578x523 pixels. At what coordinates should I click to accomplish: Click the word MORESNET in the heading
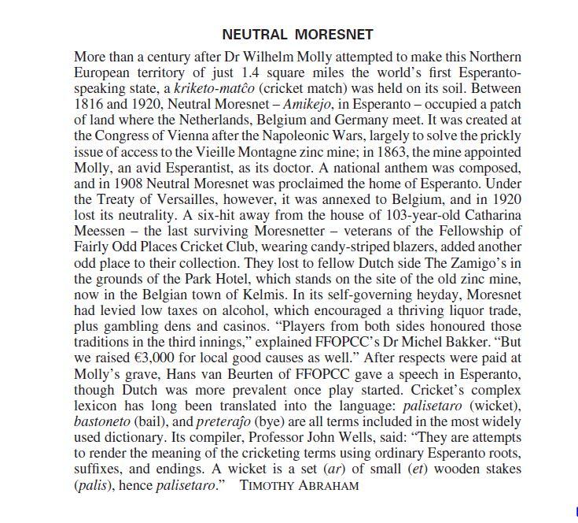(x=334, y=35)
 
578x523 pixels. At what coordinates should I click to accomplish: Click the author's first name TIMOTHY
(x=267, y=485)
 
